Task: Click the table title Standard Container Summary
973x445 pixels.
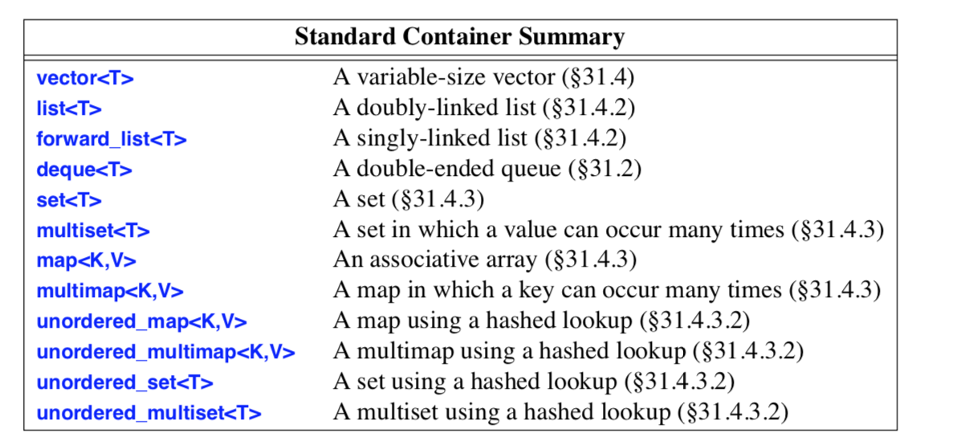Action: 459,37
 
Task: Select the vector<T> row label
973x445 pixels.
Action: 85,78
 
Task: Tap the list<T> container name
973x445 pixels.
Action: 69,108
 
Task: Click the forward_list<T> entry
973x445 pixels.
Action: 112,139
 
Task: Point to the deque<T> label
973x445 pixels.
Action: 84,169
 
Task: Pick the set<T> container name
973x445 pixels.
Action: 69,200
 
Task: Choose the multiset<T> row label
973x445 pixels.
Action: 93,231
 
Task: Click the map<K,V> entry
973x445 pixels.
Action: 87,261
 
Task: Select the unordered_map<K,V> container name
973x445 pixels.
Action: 141,322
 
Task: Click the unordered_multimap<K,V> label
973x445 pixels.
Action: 165,353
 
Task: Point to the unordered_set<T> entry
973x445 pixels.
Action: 124,383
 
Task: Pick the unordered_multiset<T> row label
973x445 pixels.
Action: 149,414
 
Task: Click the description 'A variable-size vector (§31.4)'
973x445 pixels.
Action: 483,78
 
